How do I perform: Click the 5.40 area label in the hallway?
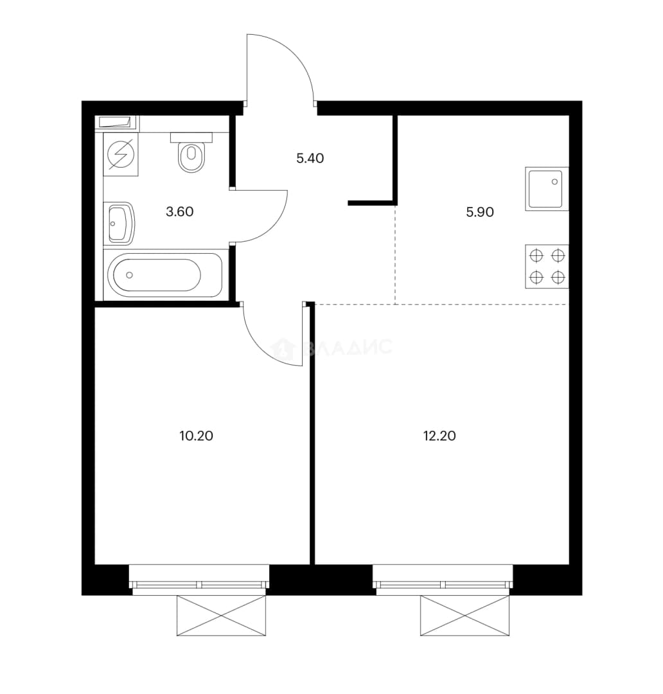click(x=310, y=158)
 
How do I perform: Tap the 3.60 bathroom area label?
click(x=180, y=211)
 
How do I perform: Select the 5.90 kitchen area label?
click(x=480, y=212)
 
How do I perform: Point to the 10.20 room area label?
click(x=196, y=436)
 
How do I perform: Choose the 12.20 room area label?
click(x=439, y=436)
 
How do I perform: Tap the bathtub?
click(x=164, y=275)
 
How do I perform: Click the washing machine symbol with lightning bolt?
click(x=121, y=154)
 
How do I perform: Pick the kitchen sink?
click(x=547, y=188)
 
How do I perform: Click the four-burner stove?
click(x=547, y=267)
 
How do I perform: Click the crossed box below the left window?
click(x=221, y=616)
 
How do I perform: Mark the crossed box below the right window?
click(x=464, y=616)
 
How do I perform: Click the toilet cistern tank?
click(x=191, y=137)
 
